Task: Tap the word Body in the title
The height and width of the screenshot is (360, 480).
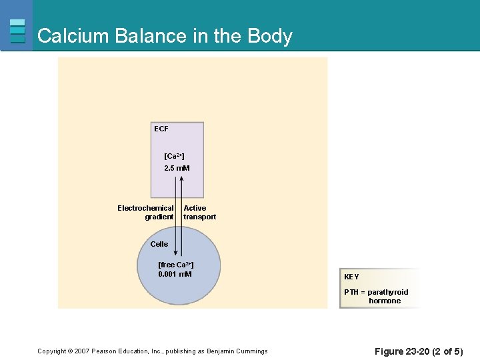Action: click(270, 36)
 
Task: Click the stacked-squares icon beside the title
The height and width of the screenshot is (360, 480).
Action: click(18, 31)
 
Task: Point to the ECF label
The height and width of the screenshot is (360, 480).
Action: click(161, 129)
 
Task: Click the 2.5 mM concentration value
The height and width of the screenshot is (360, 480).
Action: click(177, 168)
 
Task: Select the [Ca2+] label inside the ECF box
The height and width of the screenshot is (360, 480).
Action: click(174, 156)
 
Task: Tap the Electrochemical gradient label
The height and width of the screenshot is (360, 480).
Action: click(145, 212)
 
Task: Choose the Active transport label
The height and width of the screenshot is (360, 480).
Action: click(199, 212)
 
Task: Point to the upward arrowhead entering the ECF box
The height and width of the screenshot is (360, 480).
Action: click(180, 182)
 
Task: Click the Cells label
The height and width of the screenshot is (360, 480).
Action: click(159, 244)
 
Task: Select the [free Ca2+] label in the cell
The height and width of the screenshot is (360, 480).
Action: click(175, 265)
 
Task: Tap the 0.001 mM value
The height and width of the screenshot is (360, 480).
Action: click(175, 274)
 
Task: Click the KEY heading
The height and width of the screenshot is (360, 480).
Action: click(351, 277)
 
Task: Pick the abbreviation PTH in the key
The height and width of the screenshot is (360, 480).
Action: click(351, 292)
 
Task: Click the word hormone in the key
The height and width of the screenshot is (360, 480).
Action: click(385, 301)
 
